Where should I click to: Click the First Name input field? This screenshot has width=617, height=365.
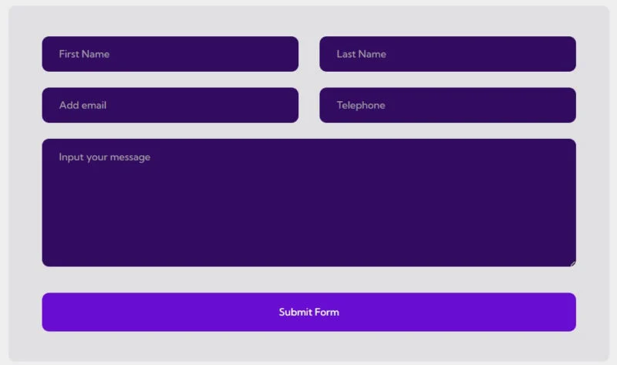tap(170, 54)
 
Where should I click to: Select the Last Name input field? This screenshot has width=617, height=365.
tap(447, 54)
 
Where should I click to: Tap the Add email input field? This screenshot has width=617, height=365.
tap(170, 105)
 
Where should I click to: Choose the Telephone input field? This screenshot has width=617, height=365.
tap(447, 105)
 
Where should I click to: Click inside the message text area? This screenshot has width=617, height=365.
tap(309, 202)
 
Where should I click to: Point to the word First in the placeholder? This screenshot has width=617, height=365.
tap(69, 54)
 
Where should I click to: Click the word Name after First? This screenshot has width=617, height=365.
tap(96, 54)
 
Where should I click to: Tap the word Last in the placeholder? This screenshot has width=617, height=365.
tap(346, 54)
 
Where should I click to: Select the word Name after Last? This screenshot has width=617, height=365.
tap(373, 54)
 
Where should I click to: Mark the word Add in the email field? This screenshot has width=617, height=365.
tap(69, 105)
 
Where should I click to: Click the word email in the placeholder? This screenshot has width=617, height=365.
tap(94, 105)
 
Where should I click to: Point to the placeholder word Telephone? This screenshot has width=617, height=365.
tap(361, 106)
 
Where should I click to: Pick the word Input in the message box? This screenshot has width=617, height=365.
tap(71, 157)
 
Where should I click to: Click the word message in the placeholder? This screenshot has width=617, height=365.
tap(130, 158)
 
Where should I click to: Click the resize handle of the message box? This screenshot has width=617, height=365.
tap(573, 264)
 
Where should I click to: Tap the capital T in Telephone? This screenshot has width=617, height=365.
tap(339, 105)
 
